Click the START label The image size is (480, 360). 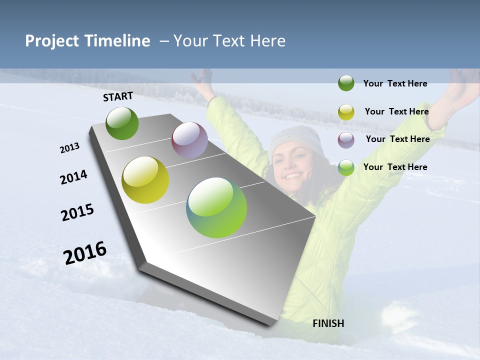click(118, 96)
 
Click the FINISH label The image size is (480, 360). click(328, 323)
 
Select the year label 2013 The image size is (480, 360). click(70, 148)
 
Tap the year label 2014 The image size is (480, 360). click(74, 177)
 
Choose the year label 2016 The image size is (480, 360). click(85, 252)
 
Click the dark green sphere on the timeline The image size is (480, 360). click(122, 123)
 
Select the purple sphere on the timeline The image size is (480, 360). click(189, 139)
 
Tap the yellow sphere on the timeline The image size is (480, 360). click(145, 180)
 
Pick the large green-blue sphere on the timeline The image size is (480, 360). click(216, 207)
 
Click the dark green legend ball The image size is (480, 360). click(346, 83)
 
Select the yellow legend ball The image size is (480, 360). click(346, 112)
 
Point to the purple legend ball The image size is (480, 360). click(346, 139)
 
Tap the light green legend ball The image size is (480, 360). click(346, 167)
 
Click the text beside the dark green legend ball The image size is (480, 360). click(395, 84)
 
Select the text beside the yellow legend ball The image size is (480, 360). click(396, 111)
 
